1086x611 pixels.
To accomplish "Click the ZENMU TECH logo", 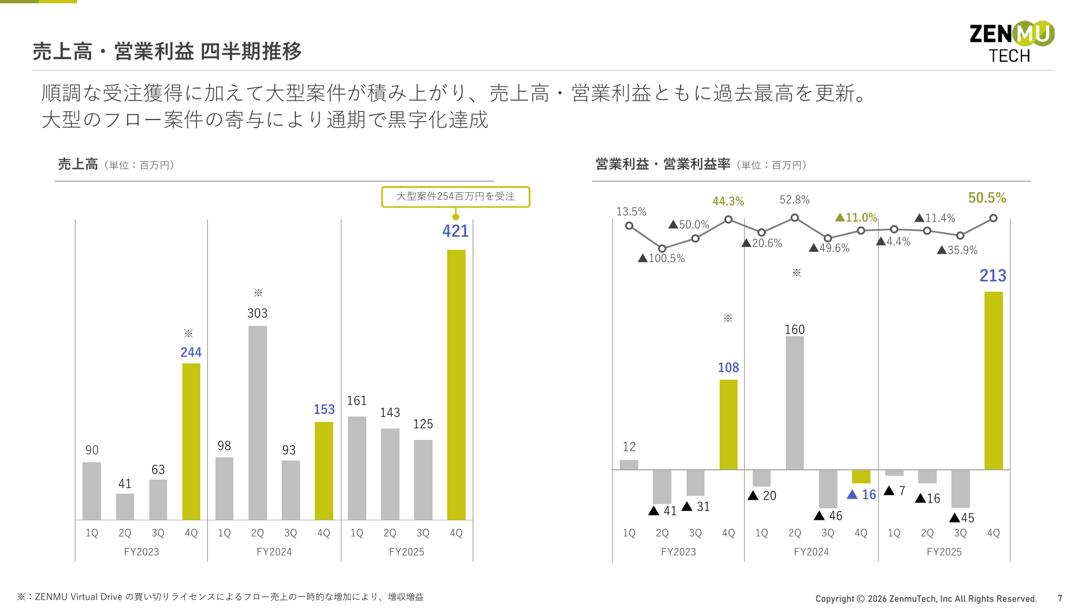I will (1012, 42).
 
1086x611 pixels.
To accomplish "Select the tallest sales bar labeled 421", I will (456, 385).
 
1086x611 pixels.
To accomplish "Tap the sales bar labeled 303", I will (257, 423).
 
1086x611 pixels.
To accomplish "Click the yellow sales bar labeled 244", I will (191, 441).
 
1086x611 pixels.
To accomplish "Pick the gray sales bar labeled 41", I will (125, 506).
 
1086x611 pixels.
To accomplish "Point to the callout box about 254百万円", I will (455, 197).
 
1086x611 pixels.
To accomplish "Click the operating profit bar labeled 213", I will (993, 380).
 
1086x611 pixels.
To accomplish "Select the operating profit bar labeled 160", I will (795, 402).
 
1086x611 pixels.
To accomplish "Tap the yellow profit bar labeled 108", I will (728, 424).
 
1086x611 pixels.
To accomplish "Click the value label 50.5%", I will (987, 198).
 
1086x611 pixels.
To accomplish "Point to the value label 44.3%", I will (728, 201).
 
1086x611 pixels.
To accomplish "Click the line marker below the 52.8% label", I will (795, 218).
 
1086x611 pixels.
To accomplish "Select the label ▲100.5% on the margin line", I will (662, 259).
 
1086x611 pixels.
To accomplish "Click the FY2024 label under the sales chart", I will (274, 552).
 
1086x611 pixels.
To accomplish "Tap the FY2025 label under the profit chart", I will (944, 552).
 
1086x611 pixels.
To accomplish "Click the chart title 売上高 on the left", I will (78, 164).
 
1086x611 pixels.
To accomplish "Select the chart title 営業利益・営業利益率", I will (663, 164).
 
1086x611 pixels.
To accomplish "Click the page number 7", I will (1059, 598).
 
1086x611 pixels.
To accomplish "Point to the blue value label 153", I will (324, 410).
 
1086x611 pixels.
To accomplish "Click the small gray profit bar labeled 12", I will (629, 464).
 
